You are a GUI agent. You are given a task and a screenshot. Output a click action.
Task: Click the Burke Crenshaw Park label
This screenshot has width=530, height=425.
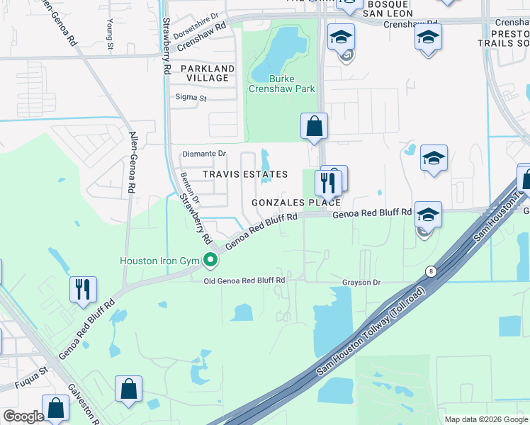281,84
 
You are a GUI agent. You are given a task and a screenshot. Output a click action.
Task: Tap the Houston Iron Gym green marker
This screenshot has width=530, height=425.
210,261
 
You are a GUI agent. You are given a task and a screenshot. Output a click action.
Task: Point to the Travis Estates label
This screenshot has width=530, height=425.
245,174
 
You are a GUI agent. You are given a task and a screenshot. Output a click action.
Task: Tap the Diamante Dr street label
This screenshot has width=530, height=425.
204,153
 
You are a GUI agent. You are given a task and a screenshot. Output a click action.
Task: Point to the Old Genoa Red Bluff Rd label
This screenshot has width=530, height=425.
244,280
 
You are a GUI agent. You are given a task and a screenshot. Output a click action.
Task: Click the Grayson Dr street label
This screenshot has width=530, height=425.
362,283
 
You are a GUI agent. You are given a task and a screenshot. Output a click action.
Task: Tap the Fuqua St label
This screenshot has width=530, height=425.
33,371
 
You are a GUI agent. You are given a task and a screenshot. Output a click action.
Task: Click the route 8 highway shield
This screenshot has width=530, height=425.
431,271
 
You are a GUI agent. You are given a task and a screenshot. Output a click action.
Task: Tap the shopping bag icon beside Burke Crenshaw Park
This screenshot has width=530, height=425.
314,127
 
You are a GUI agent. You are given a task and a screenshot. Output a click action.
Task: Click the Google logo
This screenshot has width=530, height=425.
23,416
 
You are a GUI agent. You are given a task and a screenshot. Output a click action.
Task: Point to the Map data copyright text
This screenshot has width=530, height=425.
486,419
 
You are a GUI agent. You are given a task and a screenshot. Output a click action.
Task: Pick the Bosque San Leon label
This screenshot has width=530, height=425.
383,8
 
